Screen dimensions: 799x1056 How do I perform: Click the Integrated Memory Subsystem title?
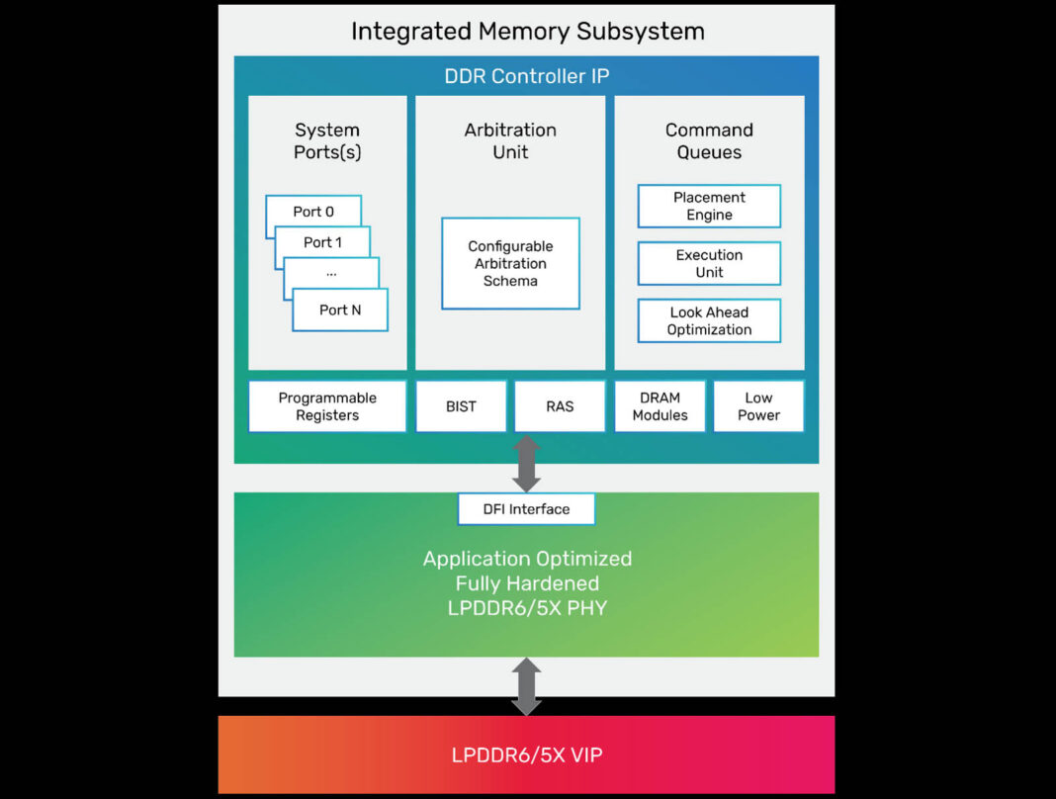pyautogui.click(x=527, y=32)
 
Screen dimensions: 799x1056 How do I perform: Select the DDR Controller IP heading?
pyautogui.click(x=526, y=76)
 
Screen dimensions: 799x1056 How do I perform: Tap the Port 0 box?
pyautogui.click(x=313, y=211)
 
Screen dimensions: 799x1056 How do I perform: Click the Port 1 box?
pyautogui.click(x=322, y=242)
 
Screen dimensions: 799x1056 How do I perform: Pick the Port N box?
pyautogui.click(x=340, y=310)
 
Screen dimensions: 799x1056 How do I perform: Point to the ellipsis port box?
pyautogui.click(x=331, y=273)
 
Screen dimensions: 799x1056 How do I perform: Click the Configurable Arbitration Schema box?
pyautogui.click(x=510, y=264)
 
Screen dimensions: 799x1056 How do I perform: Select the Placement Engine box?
pyautogui.click(x=709, y=207)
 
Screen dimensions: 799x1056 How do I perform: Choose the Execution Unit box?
pyautogui.click(x=709, y=264)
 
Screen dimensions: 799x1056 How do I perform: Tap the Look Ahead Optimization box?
pyautogui.click(x=709, y=321)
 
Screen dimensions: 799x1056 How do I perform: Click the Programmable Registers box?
pyautogui.click(x=327, y=406)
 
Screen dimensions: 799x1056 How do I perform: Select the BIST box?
pyautogui.click(x=461, y=406)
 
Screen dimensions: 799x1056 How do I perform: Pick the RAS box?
pyautogui.click(x=560, y=406)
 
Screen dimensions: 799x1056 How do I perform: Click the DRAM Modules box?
pyautogui.click(x=660, y=406)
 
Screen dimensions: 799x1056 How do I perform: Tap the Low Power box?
pyautogui.click(x=758, y=406)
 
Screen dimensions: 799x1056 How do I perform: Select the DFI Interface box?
pyautogui.click(x=526, y=509)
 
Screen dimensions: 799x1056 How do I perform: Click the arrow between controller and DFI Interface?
pyautogui.click(x=526, y=463)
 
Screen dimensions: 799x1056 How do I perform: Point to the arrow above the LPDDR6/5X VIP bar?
pyautogui.click(x=526, y=686)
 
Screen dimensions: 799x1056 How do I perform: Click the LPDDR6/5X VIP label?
pyautogui.click(x=526, y=755)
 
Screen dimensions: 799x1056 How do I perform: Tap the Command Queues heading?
pyautogui.click(x=709, y=141)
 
